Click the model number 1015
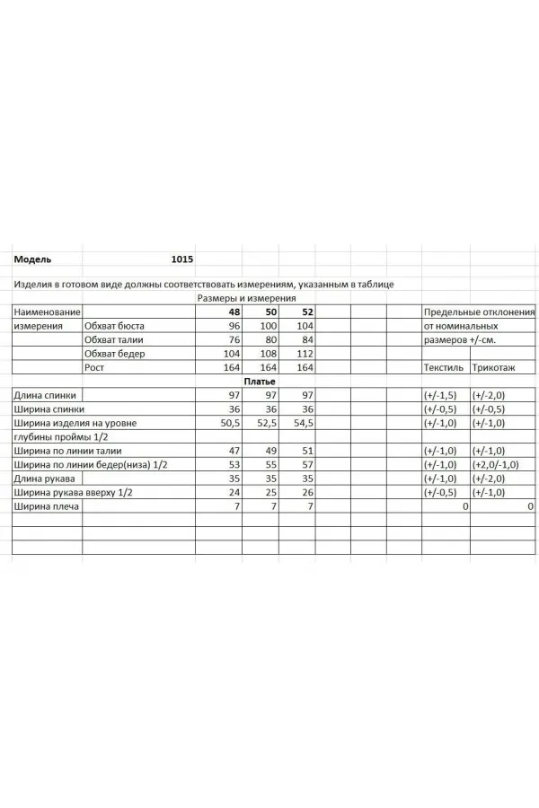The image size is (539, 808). click(x=181, y=259)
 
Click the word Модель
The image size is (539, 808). click(x=32, y=259)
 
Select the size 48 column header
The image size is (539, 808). click(x=234, y=312)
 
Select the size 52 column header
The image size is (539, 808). click(x=305, y=312)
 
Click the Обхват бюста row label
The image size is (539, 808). click(x=114, y=326)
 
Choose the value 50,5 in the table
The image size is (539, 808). click(x=231, y=422)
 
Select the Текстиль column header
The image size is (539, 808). click(x=443, y=368)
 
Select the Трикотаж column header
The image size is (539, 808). click(x=493, y=368)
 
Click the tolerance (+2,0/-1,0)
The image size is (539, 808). click(x=499, y=464)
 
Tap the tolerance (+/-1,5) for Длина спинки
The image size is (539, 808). click(x=440, y=395)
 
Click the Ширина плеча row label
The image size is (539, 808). click(x=47, y=506)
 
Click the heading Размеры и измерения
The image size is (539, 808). click(x=245, y=298)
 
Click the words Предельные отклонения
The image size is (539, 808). click(x=479, y=312)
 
